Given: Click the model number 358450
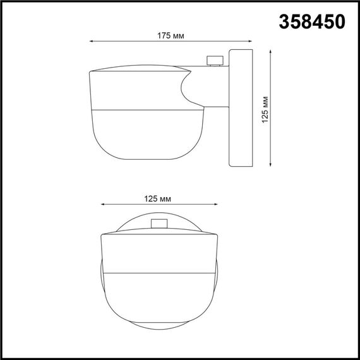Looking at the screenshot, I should click(312, 21).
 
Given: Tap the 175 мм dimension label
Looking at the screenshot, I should click(171, 35).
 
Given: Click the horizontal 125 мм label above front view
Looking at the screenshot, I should click(159, 198).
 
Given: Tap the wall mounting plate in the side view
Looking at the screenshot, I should click(240, 107).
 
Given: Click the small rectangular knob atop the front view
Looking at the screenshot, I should click(159, 223).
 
